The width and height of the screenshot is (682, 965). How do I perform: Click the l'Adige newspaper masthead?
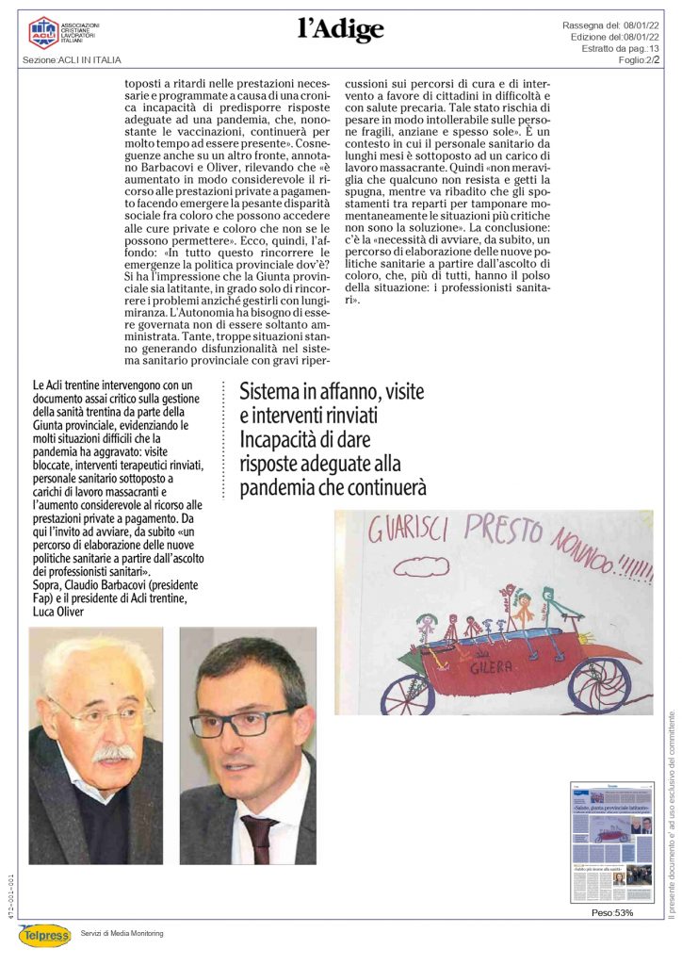tap(341, 30)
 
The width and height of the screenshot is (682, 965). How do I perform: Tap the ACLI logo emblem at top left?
tap(42, 31)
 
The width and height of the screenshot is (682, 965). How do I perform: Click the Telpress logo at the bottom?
tap(44, 934)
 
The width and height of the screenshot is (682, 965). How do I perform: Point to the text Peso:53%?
tap(611, 912)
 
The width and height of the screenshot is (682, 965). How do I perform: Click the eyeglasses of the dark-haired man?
tap(241, 723)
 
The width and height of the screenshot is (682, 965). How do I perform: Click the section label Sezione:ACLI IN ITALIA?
tap(72, 60)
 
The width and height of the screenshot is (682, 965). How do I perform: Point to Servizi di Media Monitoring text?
tap(122, 933)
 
